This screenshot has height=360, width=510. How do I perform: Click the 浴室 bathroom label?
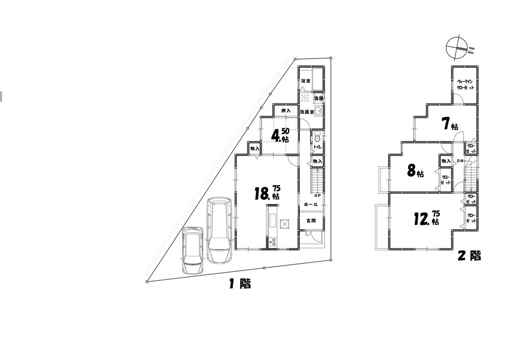(x=305, y=81)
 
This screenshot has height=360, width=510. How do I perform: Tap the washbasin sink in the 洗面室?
(x=318, y=112)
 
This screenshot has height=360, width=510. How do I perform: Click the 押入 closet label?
(x=286, y=111)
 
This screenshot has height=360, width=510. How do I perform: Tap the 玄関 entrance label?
(x=311, y=221)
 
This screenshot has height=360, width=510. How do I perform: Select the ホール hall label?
(x=311, y=204)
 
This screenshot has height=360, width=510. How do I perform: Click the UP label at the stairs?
(x=317, y=195)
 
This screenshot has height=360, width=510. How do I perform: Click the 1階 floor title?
(x=239, y=284)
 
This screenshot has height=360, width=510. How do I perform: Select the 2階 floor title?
(x=469, y=255)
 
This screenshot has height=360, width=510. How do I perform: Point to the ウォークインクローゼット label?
(x=466, y=85)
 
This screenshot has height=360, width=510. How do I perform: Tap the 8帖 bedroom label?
(x=415, y=171)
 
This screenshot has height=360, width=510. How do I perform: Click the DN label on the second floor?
(x=460, y=161)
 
